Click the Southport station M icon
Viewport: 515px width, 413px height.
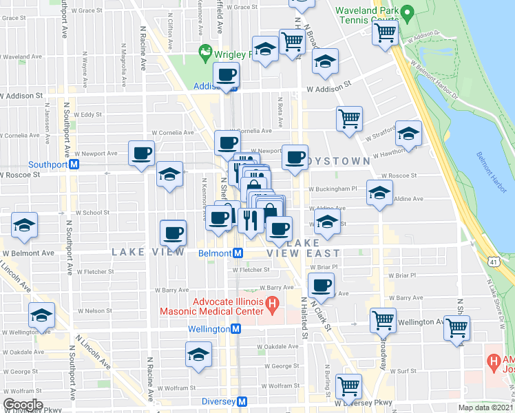(76, 165)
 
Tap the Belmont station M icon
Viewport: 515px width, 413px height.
(237, 253)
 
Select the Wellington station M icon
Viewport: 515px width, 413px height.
(235, 329)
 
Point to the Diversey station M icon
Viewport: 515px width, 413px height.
(242, 401)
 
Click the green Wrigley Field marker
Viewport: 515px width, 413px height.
(204, 51)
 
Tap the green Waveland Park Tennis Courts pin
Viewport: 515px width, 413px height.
(407, 12)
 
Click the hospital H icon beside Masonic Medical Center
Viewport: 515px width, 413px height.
(273, 302)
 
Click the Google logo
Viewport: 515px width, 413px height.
(23, 404)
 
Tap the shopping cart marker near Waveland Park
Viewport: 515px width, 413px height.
(385, 31)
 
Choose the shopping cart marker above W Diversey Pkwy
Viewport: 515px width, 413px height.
(349, 385)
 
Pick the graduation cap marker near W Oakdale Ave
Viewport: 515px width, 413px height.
(198, 355)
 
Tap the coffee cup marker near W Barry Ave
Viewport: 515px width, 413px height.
(320, 285)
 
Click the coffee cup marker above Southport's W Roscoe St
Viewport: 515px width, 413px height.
(141, 153)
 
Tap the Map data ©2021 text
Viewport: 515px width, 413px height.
(486, 407)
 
